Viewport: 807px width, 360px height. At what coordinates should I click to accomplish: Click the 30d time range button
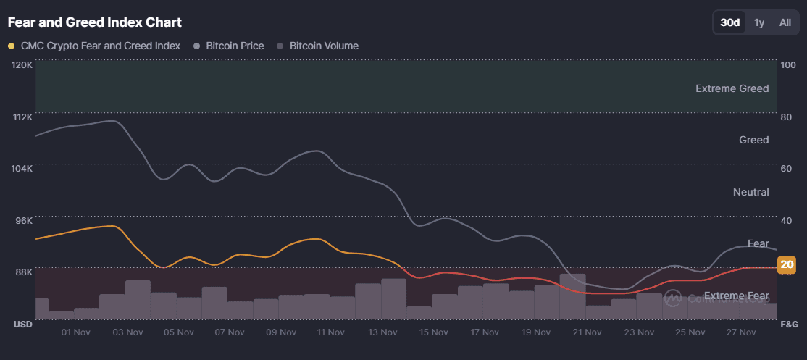click(x=729, y=22)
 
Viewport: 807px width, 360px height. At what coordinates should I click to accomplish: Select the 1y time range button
click(x=759, y=22)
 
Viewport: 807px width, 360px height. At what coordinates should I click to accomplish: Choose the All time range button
click(x=785, y=22)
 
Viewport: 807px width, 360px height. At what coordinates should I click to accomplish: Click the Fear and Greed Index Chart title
click(x=95, y=22)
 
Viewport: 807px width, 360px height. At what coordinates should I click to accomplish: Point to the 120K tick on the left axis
click(x=22, y=64)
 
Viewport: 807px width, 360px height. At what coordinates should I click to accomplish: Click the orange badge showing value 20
click(x=787, y=265)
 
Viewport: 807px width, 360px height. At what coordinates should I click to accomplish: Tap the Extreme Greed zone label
click(x=732, y=88)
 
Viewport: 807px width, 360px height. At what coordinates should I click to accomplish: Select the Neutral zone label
click(x=750, y=192)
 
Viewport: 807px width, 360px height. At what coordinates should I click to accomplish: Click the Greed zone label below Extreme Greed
click(x=753, y=140)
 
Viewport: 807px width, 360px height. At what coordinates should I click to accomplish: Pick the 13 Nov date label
click(x=382, y=332)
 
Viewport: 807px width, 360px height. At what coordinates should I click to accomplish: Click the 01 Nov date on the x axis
click(x=76, y=332)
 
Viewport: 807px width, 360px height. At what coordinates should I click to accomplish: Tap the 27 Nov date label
click(x=740, y=332)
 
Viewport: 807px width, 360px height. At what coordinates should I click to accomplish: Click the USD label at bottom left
click(x=22, y=324)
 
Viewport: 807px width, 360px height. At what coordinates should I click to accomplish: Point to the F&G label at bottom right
click(x=788, y=324)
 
